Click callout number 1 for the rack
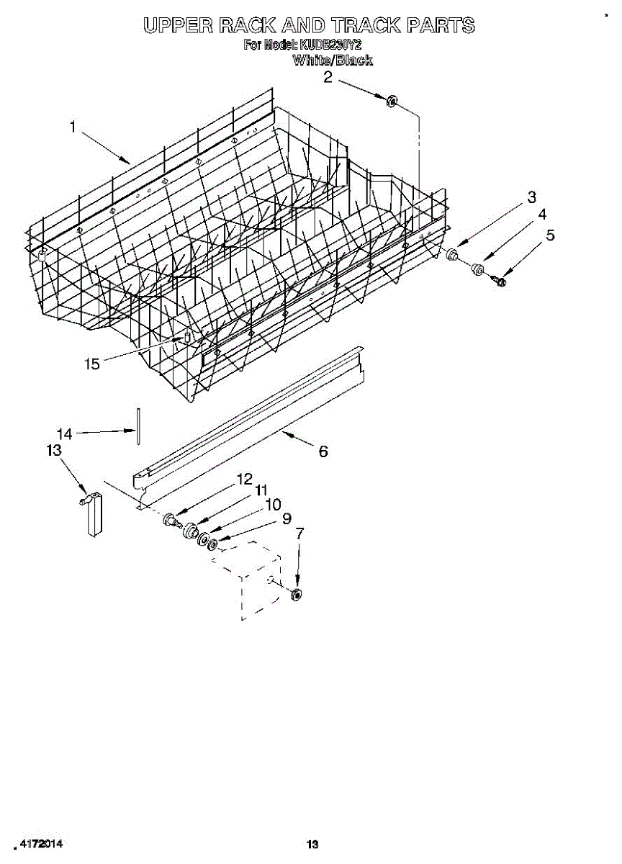73,127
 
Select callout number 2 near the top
328,77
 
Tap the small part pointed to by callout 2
392,101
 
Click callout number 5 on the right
550,235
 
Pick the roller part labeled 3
453,253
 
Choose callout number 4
542,215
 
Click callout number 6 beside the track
323,451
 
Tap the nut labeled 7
296,594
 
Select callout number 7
299,534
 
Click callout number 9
287,518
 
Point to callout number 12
245,478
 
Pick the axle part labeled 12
171,519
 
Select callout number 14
65,433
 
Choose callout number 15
91,364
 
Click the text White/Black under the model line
333,60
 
